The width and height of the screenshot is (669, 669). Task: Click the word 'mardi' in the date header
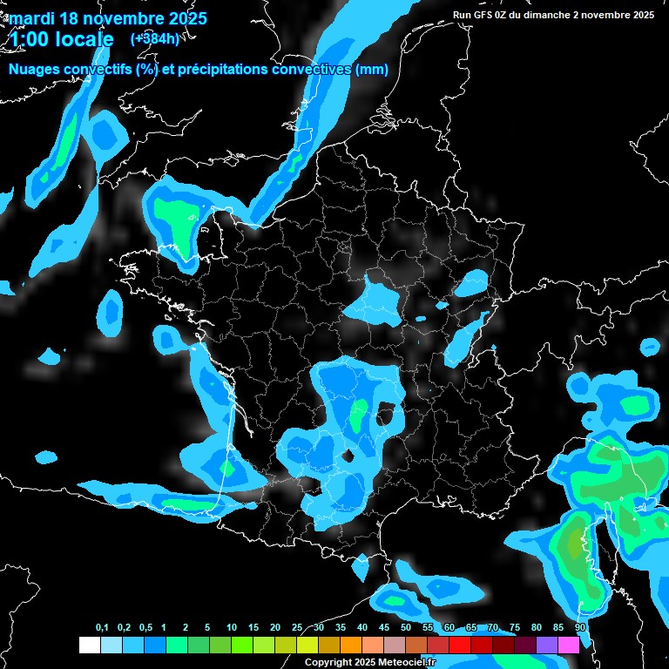click(34, 18)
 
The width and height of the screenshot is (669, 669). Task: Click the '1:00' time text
click(29, 40)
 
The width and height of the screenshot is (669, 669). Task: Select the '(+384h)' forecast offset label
click(155, 39)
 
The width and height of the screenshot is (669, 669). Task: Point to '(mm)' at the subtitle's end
click(372, 71)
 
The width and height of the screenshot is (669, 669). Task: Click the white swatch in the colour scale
click(90, 645)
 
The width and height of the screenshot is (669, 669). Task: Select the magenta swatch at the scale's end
click(569, 645)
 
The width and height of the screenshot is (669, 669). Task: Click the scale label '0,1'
click(102, 628)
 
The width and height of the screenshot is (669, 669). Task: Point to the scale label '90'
click(580, 628)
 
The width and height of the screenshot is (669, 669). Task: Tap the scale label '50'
click(406, 628)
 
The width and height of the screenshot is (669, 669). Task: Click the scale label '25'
click(297, 628)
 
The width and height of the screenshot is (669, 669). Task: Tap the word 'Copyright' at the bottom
click(328, 663)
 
